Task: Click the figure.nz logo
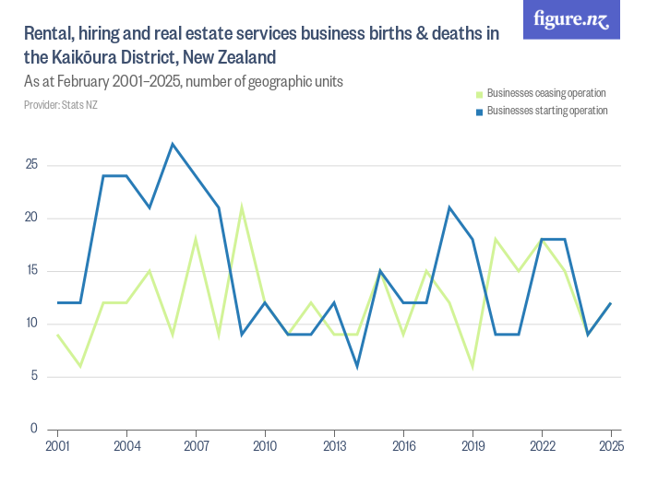coord(571,20)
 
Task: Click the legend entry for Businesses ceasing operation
coord(545,93)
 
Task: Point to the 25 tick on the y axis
coord(31,166)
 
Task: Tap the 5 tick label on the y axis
coord(34,376)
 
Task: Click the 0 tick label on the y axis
coord(34,429)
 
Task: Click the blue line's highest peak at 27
coord(173,144)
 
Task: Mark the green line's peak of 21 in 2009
coord(242,207)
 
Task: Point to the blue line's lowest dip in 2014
coord(357,366)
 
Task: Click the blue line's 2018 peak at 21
coord(449,207)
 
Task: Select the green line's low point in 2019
coord(473,366)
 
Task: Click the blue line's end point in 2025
coord(611,302)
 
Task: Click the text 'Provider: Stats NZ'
coord(61,105)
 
